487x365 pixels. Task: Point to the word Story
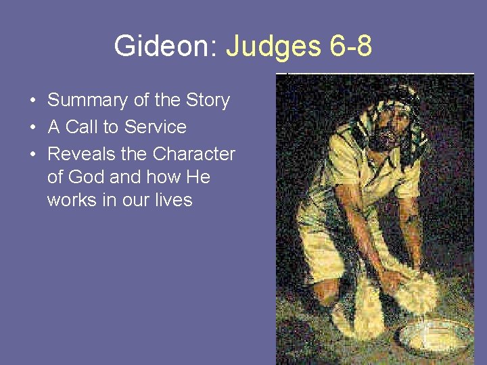coord(206,101)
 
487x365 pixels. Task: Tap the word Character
coord(194,154)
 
